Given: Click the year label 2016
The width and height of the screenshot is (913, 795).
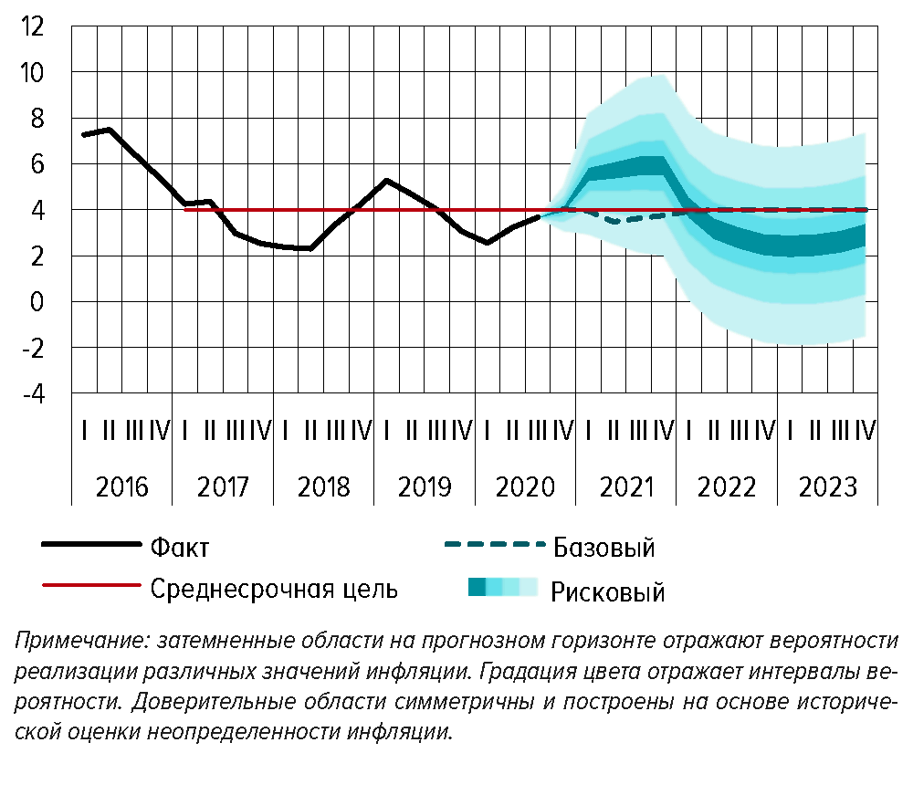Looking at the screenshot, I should tap(121, 486).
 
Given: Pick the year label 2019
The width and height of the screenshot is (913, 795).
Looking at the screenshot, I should tap(424, 486).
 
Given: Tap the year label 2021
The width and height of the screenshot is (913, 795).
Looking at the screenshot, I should tap(625, 486).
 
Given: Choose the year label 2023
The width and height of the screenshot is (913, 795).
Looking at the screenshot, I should tap(827, 486).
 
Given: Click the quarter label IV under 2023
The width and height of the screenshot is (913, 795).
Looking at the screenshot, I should tap(865, 429).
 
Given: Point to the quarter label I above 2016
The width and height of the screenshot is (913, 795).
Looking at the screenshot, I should tap(84, 429).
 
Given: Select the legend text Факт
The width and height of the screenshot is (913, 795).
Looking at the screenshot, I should tap(180, 548).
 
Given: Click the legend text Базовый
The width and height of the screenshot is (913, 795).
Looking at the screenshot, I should tap(603, 548).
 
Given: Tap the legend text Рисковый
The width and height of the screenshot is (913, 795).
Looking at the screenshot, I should tap(607, 592).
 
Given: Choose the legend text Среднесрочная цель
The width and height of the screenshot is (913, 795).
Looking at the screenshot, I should tap(274, 589).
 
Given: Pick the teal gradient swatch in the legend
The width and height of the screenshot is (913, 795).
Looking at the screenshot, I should tap(502, 587).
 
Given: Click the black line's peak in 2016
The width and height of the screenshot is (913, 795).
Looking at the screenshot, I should tap(109, 130).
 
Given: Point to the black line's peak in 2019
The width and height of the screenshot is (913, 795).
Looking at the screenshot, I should tap(387, 180).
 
